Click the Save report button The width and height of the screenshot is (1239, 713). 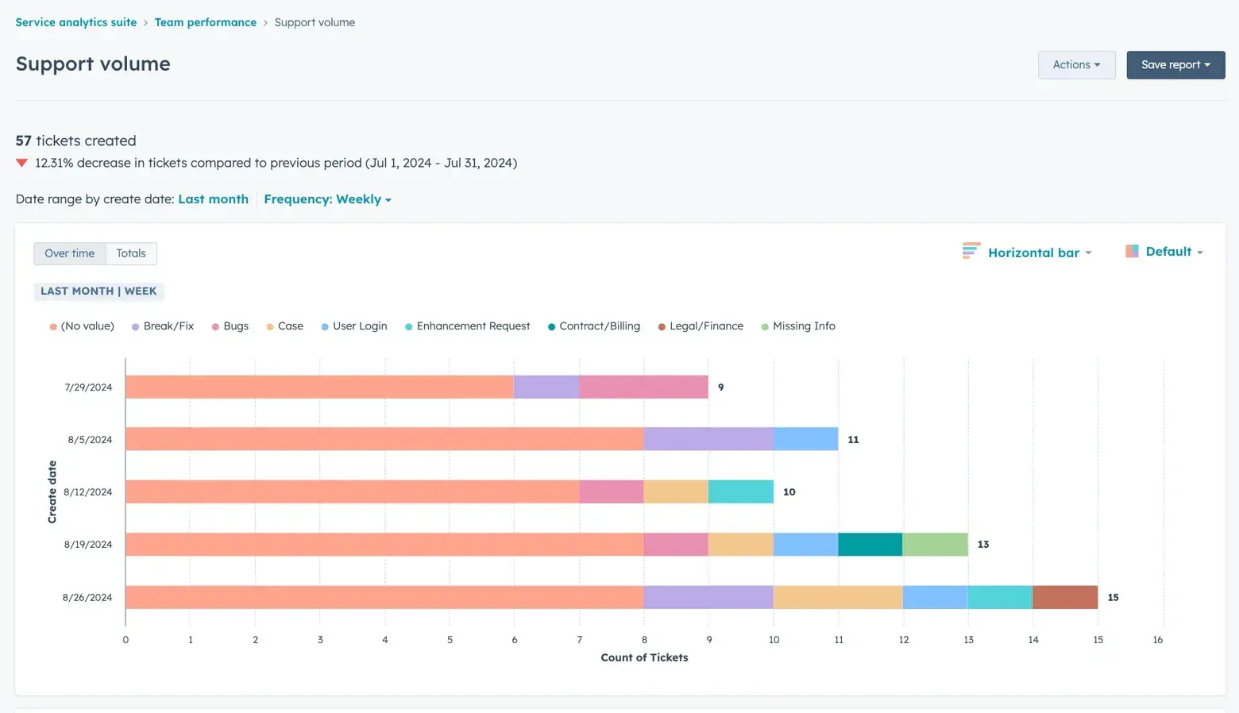click(1175, 65)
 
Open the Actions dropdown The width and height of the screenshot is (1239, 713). click(1076, 65)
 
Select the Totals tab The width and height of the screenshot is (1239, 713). click(131, 253)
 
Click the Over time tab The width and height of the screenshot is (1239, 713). click(70, 253)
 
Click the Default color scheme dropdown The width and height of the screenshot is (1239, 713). click(1165, 252)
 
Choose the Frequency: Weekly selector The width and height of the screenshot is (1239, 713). click(327, 199)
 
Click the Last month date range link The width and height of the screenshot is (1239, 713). click(213, 199)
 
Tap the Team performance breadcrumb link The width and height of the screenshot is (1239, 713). click(205, 22)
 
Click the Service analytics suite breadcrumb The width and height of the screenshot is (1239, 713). click(76, 22)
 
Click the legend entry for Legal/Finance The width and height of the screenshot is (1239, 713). click(705, 326)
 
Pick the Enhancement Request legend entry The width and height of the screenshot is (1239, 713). click(473, 326)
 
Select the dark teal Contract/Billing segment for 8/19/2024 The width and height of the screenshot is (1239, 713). click(870, 545)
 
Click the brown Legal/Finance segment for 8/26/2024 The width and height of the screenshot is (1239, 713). click(1065, 597)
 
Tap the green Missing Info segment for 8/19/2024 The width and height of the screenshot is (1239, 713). click(936, 545)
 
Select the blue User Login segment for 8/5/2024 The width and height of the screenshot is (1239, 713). click(805, 439)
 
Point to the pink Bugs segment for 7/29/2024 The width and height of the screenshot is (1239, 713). click(643, 387)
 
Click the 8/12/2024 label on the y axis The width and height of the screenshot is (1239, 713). click(88, 492)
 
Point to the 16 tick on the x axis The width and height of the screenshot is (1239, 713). click(1158, 640)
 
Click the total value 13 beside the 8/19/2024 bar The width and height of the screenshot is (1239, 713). click(983, 545)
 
